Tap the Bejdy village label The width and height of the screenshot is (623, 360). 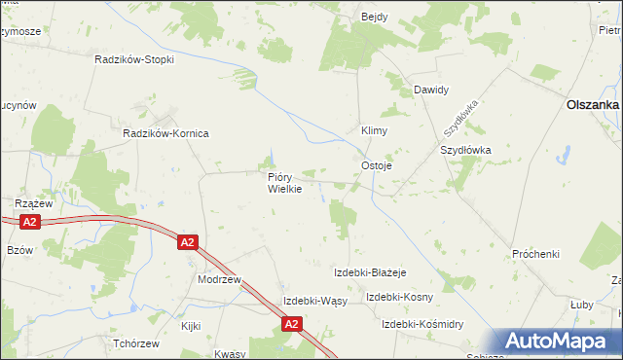(375, 18)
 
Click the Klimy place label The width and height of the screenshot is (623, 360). (376, 129)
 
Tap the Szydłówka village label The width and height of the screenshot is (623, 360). (466, 151)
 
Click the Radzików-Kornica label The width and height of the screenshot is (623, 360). (165, 132)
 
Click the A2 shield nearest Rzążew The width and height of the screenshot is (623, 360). (29, 223)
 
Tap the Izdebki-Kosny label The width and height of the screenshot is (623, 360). (399, 297)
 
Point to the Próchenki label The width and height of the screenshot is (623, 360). (536, 254)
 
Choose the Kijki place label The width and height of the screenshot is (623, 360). (190, 326)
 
